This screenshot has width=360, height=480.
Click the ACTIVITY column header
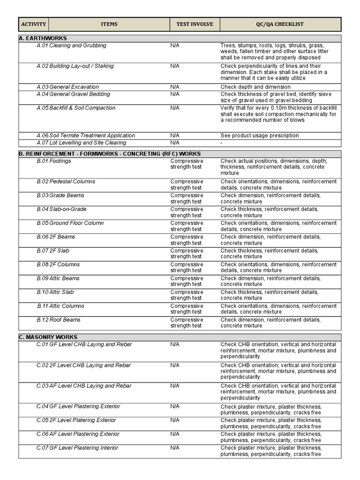[x=34, y=24]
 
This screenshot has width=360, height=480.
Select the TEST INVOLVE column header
[x=195, y=24]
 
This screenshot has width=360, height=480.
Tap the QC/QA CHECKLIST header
[x=280, y=24]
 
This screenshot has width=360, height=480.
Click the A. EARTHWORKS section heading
[x=43, y=38]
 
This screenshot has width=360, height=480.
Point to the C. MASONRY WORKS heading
[x=48, y=337]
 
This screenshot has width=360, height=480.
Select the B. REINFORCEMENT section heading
[x=110, y=154]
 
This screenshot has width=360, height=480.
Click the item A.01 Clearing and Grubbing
[x=71, y=45]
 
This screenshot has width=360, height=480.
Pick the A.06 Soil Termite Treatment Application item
[x=85, y=135]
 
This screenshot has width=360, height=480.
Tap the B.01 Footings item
[x=54, y=161]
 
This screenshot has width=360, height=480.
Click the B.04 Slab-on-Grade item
[x=61, y=209]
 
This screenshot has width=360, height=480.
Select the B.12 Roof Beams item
[x=59, y=320]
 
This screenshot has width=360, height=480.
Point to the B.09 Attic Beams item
[x=58, y=278]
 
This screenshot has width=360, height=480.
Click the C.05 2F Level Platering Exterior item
[x=76, y=420]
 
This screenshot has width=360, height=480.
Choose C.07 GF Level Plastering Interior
[x=77, y=448]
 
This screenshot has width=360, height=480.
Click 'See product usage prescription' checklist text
[x=259, y=135]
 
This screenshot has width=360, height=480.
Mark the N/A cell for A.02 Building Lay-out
[x=175, y=66]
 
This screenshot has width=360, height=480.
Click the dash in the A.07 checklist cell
[x=222, y=143]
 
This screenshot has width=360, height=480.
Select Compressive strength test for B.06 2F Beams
[x=187, y=240]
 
